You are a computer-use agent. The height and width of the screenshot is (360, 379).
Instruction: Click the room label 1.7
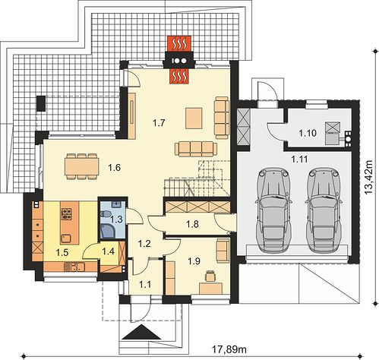pyautogui.click(x=159, y=123)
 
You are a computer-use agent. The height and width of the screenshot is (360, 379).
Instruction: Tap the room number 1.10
pyautogui.click(x=308, y=133)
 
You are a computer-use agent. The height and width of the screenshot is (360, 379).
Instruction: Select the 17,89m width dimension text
pyautogui.click(x=229, y=349)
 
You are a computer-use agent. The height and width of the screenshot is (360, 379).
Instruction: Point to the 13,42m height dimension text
pyautogui.click(x=368, y=177)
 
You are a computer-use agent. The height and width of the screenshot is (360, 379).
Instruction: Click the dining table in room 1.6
pyautogui.click(x=81, y=166)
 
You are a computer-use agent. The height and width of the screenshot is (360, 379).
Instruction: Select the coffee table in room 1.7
pyautogui.click(x=194, y=118)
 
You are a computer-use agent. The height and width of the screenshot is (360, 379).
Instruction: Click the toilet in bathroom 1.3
pyautogui.click(x=106, y=214)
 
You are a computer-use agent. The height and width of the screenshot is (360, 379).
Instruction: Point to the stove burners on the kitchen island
pyautogui.click(x=67, y=213)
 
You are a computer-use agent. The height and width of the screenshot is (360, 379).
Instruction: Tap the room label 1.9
pyautogui.click(x=194, y=261)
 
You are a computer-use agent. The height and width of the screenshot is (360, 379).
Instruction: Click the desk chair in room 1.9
pyautogui.click(x=210, y=276)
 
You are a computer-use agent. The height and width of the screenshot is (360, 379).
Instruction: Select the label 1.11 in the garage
pyautogui.click(x=299, y=159)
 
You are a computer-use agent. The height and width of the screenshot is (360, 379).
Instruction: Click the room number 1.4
pyautogui.click(x=108, y=251)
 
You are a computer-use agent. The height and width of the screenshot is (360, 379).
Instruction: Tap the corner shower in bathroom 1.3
pyautogui.click(x=108, y=231)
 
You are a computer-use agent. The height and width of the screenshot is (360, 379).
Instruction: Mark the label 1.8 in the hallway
pyautogui.click(x=192, y=224)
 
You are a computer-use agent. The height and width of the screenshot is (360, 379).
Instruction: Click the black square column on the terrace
pyautogui.click(x=41, y=103)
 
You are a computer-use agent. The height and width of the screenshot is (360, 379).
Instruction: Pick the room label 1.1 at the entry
pyautogui.click(x=145, y=284)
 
